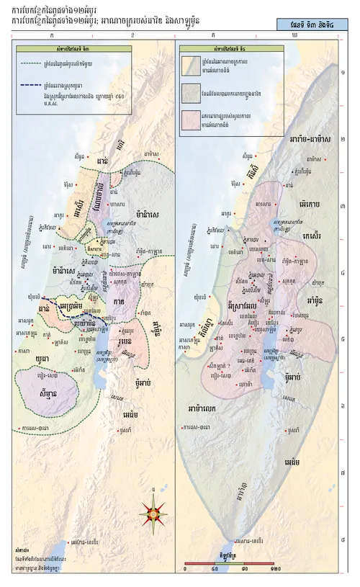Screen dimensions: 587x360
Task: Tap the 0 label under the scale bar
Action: click(186, 569)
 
